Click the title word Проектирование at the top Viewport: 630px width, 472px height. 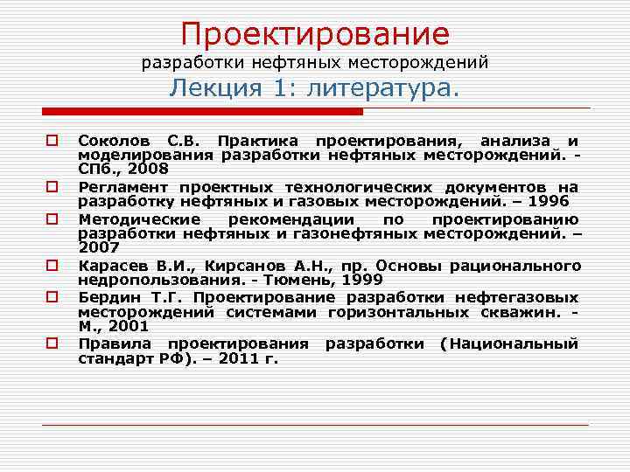[x=315, y=34]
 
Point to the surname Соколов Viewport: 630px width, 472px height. [x=113, y=141]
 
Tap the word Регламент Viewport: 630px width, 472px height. [x=123, y=187]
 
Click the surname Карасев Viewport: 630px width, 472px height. [x=111, y=266]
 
